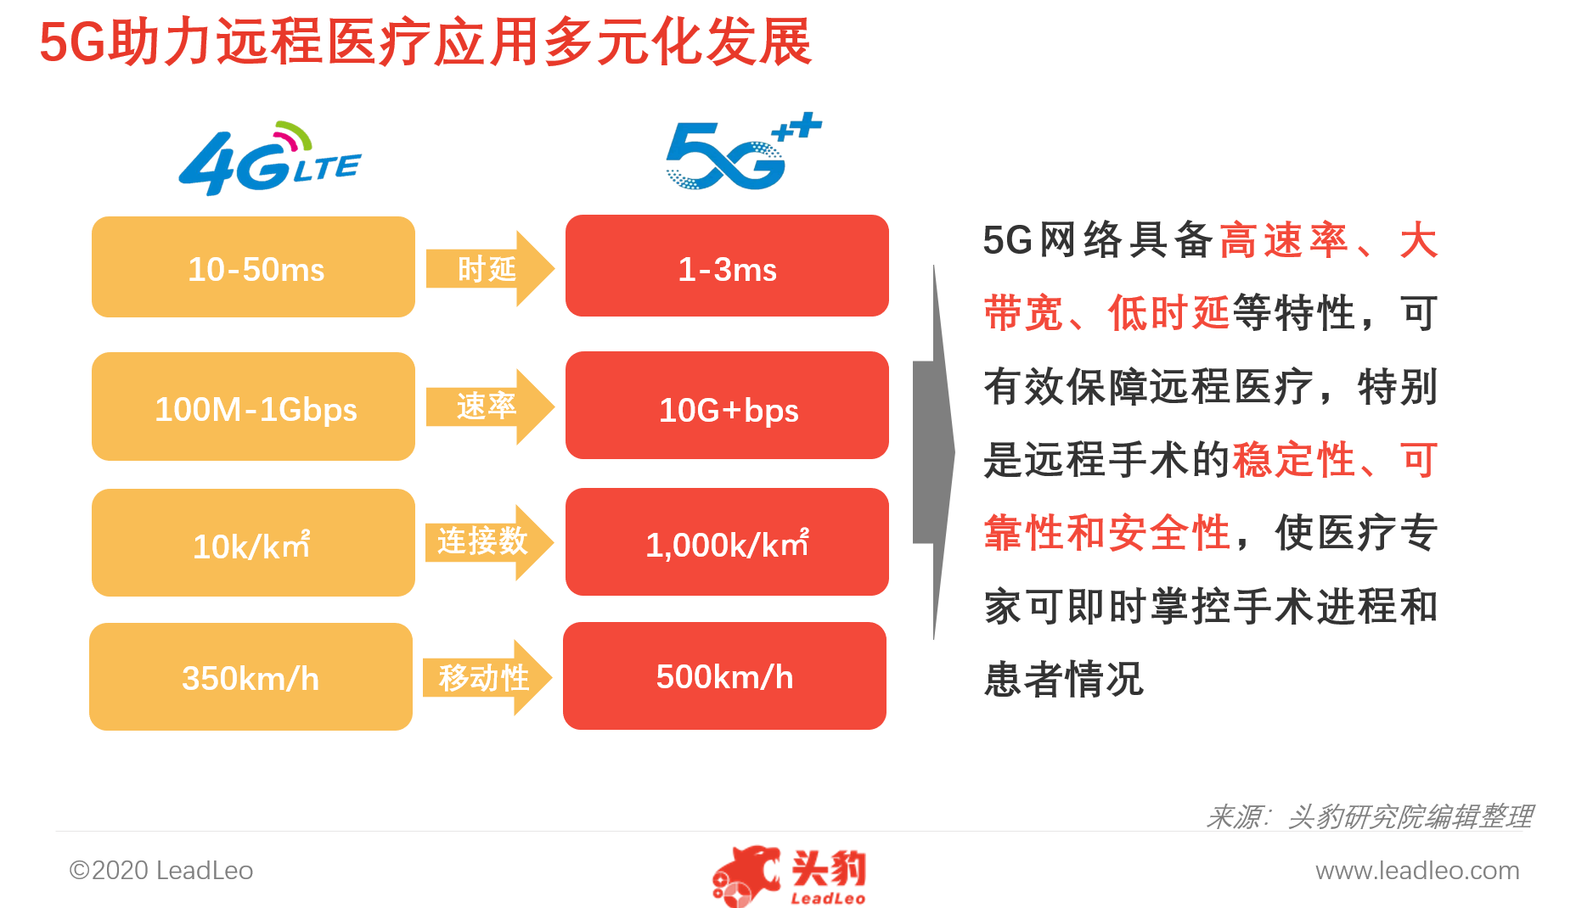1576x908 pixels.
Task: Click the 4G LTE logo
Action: (270, 159)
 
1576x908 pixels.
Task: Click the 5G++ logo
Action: (743, 151)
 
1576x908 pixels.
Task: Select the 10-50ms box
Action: (253, 267)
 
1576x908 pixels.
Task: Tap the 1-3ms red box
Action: (727, 266)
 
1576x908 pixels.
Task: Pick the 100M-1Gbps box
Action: (253, 406)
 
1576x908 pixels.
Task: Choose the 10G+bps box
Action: (727, 406)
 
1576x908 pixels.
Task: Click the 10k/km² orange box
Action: (253, 542)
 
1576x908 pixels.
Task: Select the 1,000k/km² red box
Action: (727, 541)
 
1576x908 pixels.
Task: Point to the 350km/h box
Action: (250, 676)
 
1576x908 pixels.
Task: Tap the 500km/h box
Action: (724, 675)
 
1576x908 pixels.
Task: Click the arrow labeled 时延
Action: (490, 268)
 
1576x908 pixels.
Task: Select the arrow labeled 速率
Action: (490, 406)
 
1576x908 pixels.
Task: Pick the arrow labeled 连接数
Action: (489, 542)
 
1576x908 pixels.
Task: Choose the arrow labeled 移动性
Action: (487, 677)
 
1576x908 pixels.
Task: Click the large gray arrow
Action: (933, 452)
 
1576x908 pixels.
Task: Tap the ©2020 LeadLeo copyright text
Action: (161, 871)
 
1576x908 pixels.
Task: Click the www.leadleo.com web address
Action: (1417, 871)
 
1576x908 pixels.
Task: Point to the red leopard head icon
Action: (746, 874)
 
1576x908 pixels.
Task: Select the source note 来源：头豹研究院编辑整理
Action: (1369, 816)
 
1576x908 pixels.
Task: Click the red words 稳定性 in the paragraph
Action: (1293, 460)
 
